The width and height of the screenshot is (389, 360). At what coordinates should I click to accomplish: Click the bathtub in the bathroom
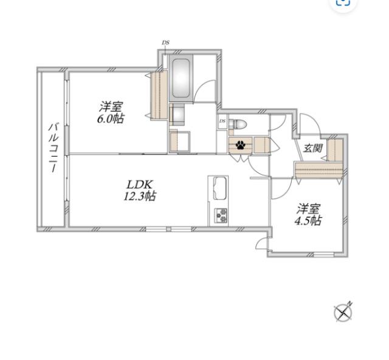tap(181, 78)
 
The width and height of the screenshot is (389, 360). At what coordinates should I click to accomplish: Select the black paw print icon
tap(240, 145)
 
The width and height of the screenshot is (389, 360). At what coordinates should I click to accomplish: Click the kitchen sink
tap(220, 188)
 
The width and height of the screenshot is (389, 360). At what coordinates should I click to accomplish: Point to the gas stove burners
tap(221, 216)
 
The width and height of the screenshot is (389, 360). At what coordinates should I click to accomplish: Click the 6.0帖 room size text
tap(111, 119)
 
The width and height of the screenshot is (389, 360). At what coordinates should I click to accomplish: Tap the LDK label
tap(139, 185)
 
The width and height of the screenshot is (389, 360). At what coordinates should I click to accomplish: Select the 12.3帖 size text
tap(139, 196)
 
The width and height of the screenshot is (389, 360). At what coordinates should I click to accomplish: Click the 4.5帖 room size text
tap(308, 220)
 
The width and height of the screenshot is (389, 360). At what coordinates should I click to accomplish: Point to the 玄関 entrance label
tap(313, 148)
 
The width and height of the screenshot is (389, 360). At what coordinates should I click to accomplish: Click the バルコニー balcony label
tap(53, 148)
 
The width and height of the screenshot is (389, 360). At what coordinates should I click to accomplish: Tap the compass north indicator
tap(343, 313)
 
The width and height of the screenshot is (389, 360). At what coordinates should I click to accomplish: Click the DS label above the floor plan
tap(166, 42)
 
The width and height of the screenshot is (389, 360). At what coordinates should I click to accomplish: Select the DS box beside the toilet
tap(222, 121)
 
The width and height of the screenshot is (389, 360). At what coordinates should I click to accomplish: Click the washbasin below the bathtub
tap(177, 115)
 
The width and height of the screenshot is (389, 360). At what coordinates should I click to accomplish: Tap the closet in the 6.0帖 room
tap(159, 95)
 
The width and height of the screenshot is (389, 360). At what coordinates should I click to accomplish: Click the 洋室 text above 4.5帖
tap(309, 209)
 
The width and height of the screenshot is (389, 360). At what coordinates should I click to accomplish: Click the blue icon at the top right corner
tap(343, 2)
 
